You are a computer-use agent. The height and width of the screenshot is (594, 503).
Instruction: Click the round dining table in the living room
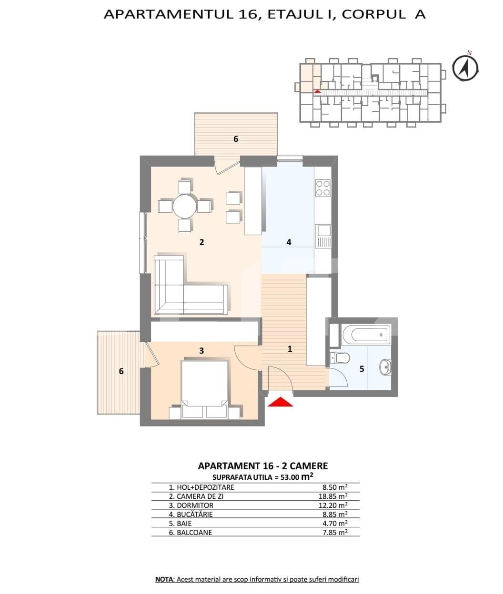185,206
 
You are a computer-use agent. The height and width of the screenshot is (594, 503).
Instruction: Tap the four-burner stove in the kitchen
322,188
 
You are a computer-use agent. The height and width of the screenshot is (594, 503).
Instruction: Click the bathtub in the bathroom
366,335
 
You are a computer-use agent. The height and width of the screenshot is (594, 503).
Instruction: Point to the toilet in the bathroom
339,358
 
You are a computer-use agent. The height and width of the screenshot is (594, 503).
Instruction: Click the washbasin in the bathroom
385,367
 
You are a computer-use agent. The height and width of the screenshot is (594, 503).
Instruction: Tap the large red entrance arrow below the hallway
280,402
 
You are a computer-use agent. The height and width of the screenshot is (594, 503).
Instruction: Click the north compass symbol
465,68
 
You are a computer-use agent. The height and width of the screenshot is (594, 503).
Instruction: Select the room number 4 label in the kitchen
289,242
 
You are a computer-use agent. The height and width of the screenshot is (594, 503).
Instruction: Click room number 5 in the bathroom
362,369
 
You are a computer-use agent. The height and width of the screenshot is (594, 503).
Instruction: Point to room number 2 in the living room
201,242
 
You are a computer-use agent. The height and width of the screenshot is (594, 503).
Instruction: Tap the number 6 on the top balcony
236,139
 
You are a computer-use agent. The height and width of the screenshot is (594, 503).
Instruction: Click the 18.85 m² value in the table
333,496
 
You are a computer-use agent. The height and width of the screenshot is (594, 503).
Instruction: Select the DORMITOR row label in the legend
191,505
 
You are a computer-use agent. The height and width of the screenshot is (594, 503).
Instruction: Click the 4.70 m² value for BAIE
335,523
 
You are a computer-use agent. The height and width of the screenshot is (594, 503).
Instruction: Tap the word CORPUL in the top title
373,15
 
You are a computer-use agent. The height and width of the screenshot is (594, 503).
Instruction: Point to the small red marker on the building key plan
317,91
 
